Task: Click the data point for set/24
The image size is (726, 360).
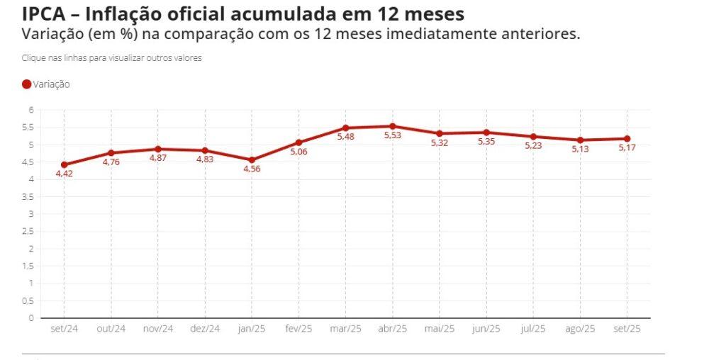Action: pos(65,164)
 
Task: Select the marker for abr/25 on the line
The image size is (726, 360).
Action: pos(392,126)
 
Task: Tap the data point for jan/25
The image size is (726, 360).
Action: pos(252,159)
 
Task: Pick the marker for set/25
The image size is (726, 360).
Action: pos(627,139)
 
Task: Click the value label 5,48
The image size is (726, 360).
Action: pos(345,137)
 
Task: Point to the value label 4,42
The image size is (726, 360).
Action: pos(65,174)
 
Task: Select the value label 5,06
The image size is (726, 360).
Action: pos(298,152)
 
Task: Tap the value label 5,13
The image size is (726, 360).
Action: pos(580,150)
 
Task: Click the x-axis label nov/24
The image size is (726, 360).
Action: pos(158,329)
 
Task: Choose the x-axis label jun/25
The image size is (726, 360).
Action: pos(486,329)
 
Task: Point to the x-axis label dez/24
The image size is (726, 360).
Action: pos(205,329)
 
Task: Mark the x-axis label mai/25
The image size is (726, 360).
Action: pos(440,329)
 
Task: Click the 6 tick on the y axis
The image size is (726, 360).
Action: pos(31,110)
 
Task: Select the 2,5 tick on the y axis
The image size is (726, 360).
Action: pos(28,231)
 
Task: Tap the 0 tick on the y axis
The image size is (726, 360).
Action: pos(31,317)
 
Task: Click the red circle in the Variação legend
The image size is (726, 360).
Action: pos(27,84)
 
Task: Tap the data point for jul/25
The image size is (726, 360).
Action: pos(533,137)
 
